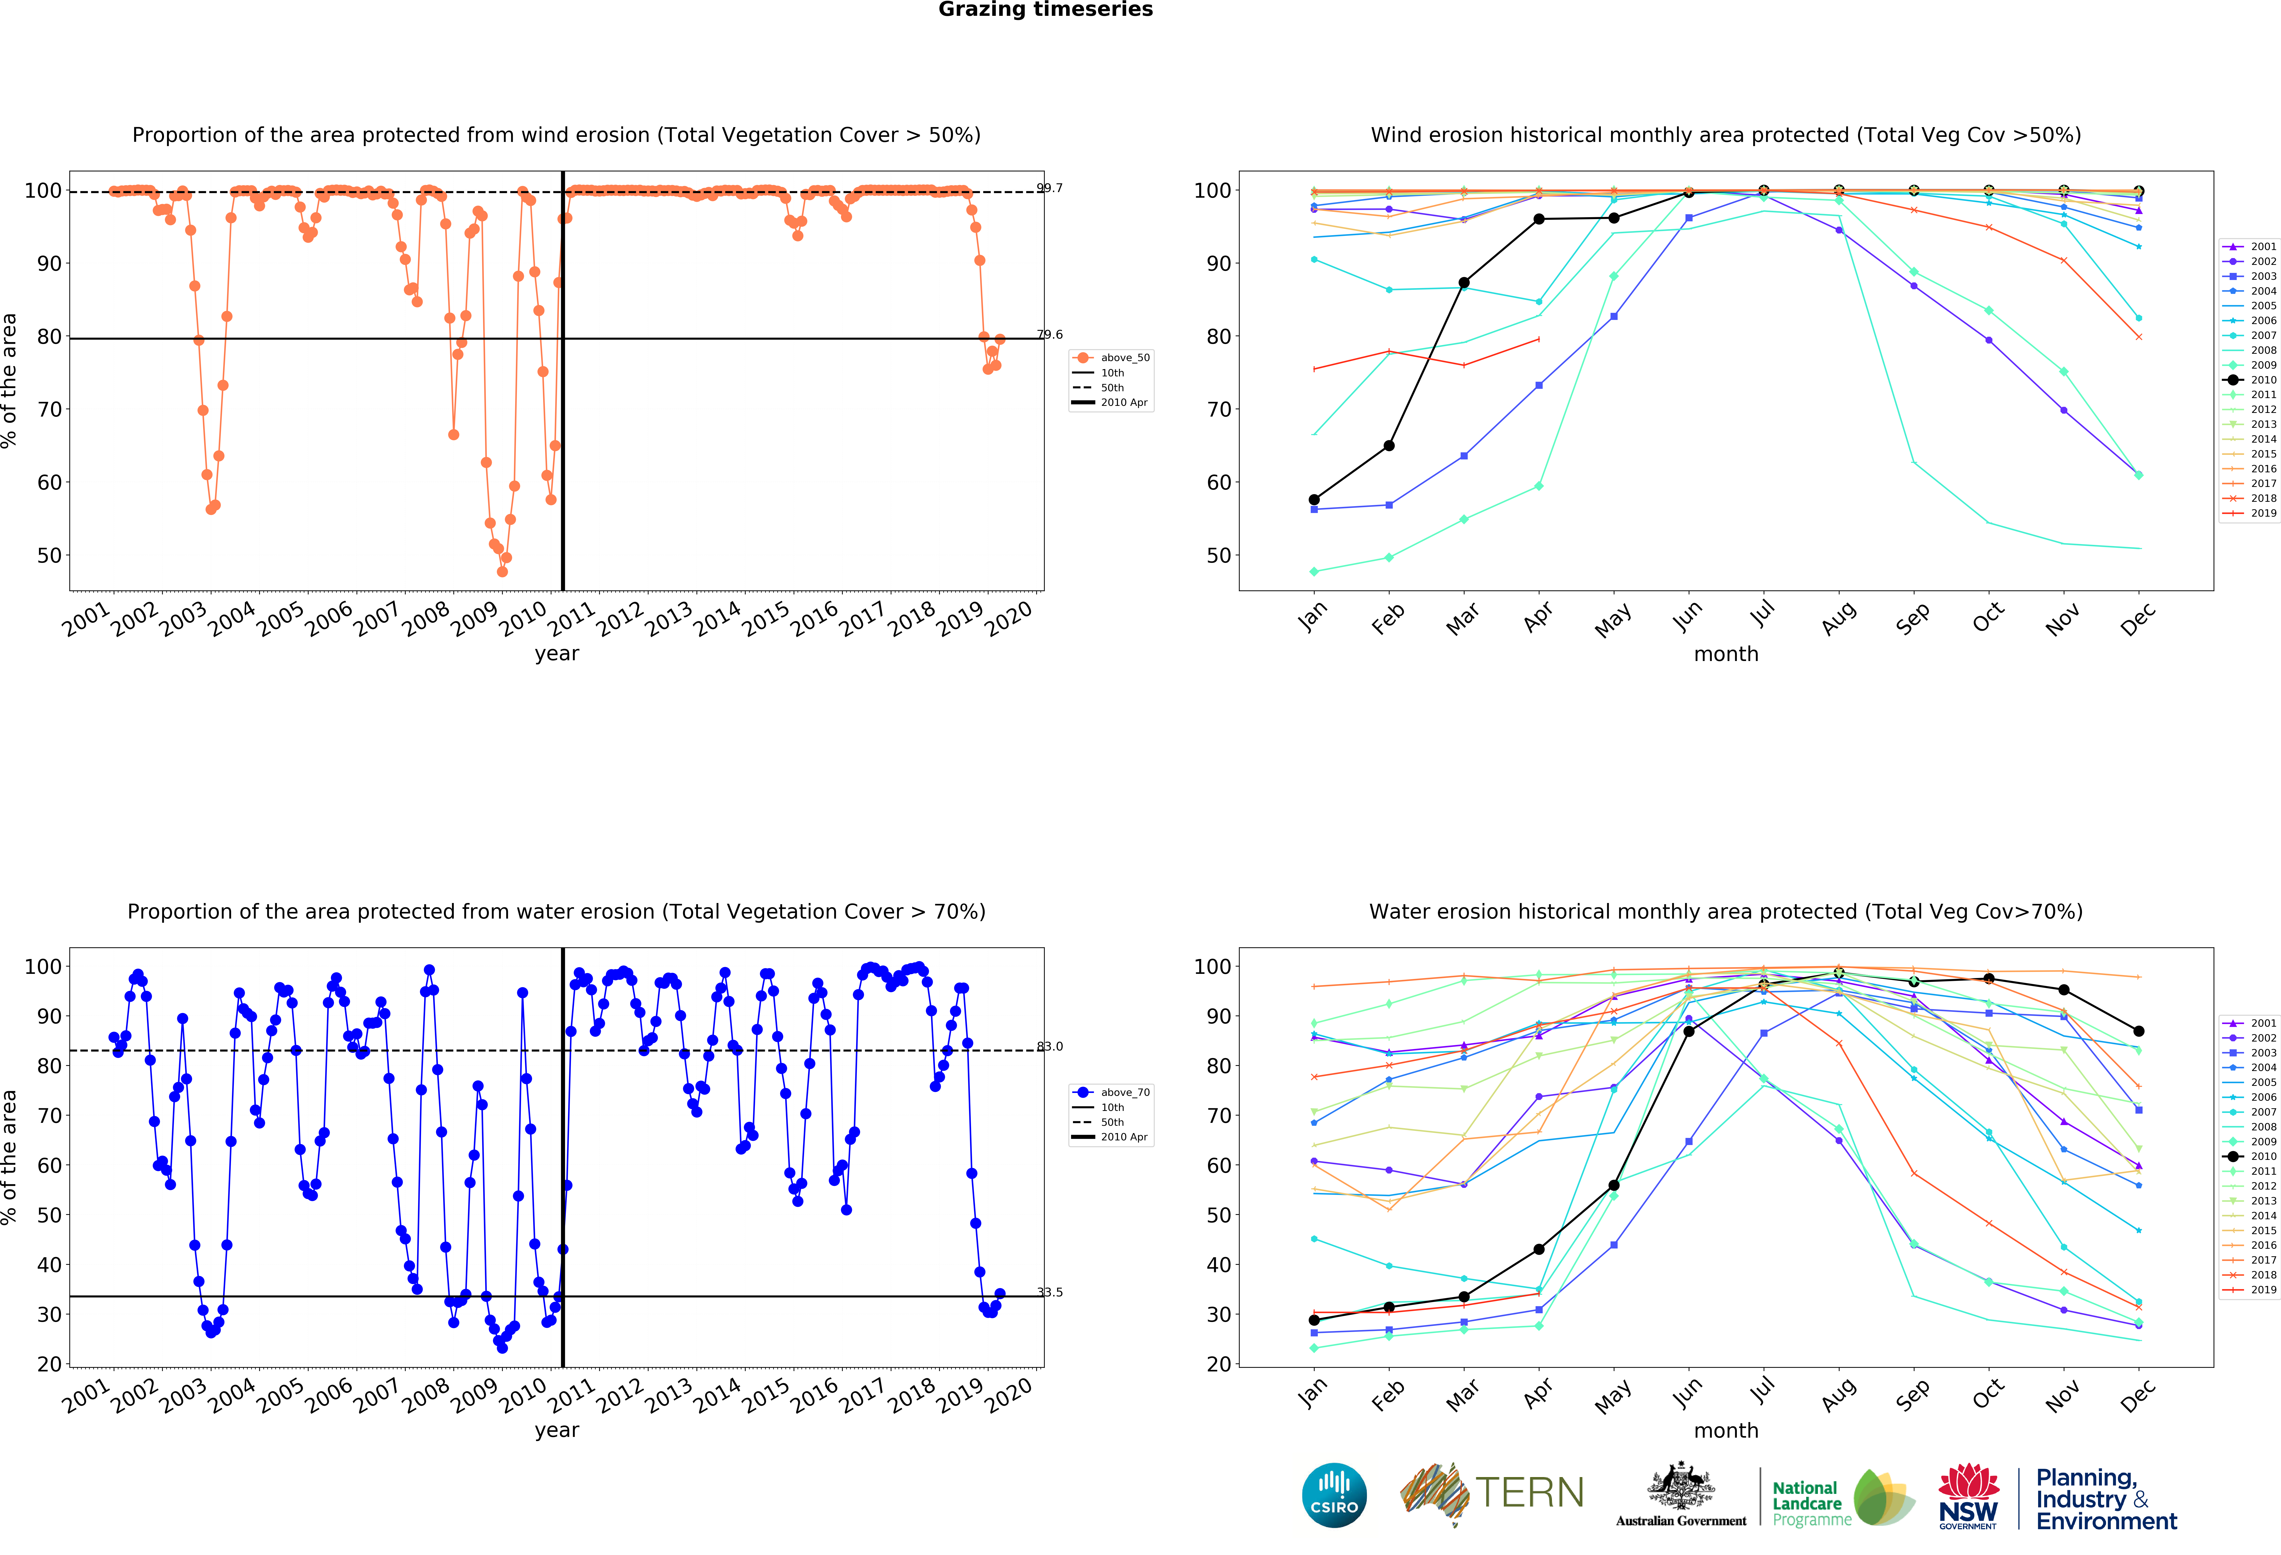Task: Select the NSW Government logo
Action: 1968,1496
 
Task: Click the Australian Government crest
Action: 1681,1487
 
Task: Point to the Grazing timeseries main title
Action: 1045,10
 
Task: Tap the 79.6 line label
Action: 1049,335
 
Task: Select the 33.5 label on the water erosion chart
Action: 1049,1292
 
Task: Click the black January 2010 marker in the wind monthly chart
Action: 1314,500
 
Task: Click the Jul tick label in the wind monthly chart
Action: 1763,615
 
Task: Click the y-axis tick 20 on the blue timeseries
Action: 49,1365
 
